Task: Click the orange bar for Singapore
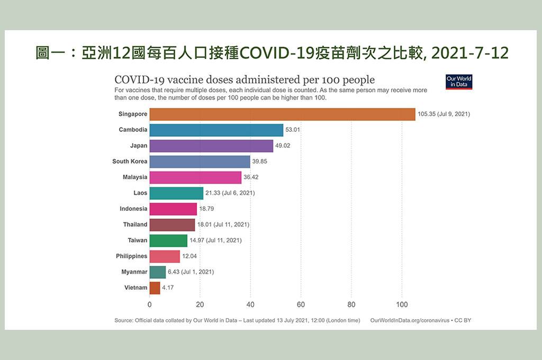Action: click(282, 114)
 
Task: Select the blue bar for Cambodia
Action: click(216, 130)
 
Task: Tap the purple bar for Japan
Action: click(211, 146)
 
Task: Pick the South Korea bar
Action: click(200, 161)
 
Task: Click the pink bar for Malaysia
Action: click(195, 177)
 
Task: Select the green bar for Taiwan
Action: click(168, 240)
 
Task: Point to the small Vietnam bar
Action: click(155, 288)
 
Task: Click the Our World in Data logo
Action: click(458, 82)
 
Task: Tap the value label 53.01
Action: click(295, 130)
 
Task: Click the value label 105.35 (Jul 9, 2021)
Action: click(444, 114)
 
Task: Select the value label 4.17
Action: click(168, 288)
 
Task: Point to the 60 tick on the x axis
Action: click(301, 304)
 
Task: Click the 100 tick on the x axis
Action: click(402, 304)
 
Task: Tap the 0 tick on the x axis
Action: click(149, 304)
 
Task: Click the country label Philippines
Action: click(132, 256)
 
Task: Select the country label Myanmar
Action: click(134, 272)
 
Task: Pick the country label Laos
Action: click(140, 193)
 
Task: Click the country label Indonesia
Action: click(133, 209)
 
